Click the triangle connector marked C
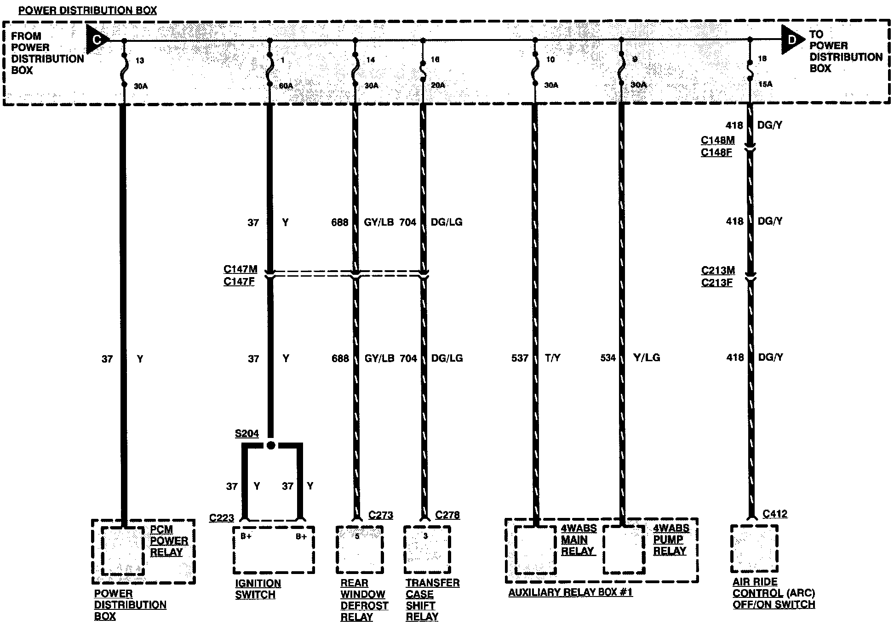pos(97,40)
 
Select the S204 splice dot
pos(271,445)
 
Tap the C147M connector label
pos(240,269)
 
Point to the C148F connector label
pos(716,152)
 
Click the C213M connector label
pos(718,271)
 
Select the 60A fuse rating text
pos(286,86)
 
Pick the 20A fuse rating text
pos(438,85)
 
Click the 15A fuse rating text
pos(765,85)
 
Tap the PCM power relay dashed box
pos(123,551)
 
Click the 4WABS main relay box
pos(535,550)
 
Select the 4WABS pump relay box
pos(624,550)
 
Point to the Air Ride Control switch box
pos(754,549)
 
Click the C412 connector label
pos(775,514)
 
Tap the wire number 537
pos(520,358)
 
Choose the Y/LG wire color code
pos(647,358)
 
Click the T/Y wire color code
pos(553,358)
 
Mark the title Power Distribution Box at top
pos(87,10)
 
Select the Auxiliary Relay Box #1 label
pos(570,592)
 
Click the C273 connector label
pos(381,515)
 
